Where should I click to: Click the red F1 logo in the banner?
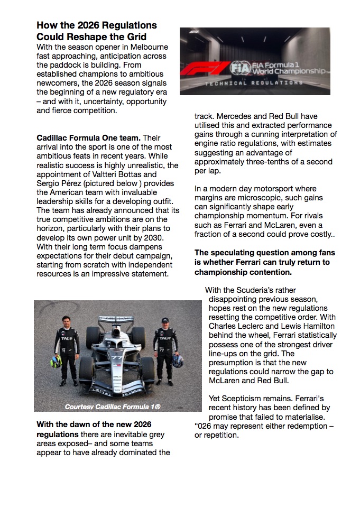click(205, 69)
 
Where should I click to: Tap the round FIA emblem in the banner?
click(237, 68)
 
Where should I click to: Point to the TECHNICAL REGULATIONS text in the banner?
click(255, 84)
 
